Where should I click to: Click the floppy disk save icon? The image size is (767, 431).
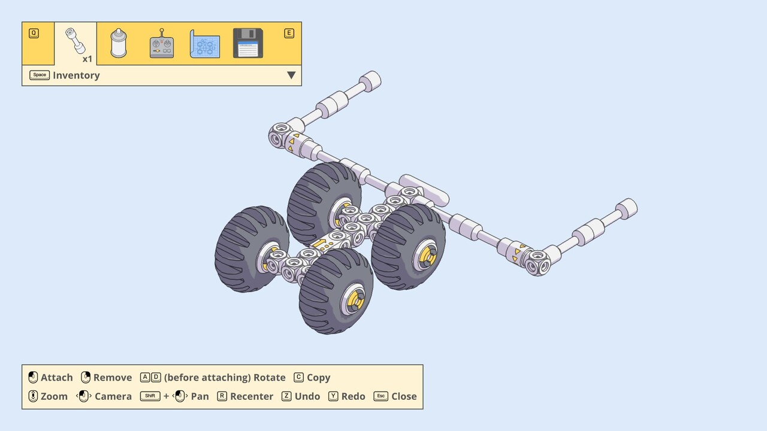(248, 43)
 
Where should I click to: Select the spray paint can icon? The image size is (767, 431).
(119, 43)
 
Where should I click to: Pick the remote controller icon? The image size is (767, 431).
(162, 43)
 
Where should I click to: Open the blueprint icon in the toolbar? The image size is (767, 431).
(205, 44)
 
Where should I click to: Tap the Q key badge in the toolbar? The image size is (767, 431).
(34, 33)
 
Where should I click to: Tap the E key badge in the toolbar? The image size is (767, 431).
(289, 33)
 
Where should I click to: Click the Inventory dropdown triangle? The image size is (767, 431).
(291, 75)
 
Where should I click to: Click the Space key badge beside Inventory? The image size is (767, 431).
(40, 75)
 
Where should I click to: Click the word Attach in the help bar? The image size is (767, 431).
(56, 377)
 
